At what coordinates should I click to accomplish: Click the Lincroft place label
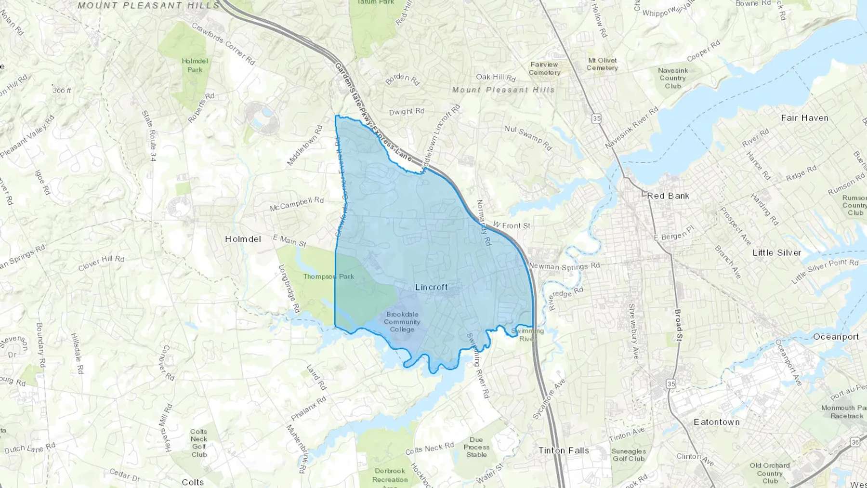(431, 287)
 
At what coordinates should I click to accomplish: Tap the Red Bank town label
(668, 196)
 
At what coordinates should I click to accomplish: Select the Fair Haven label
(804, 118)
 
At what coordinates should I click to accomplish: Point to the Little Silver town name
(776, 252)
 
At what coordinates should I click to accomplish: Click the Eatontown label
(716, 422)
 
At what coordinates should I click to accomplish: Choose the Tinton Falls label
(564, 450)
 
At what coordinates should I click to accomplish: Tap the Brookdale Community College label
(402, 322)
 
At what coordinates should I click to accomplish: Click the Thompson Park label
(328, 277)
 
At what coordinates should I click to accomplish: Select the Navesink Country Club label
(673, 78)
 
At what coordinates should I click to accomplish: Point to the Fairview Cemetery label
(544, 68)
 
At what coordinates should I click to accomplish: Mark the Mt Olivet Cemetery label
(602, 64)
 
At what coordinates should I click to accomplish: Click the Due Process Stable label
(476, 447)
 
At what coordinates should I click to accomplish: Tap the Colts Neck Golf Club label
(198, 443)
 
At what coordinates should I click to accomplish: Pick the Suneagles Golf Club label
(629, 455)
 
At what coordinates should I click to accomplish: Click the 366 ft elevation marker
(62, 90)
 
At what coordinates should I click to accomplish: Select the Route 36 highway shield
(855, 442)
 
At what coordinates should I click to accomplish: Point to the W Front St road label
(511, 225)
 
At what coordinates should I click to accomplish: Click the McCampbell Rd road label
(297, 204)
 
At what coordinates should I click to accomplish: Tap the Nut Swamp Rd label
(528, 137)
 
